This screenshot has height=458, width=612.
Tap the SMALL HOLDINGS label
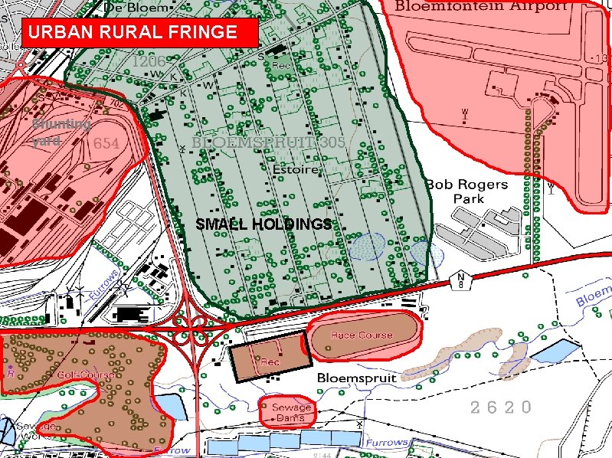click(x=263, y=224)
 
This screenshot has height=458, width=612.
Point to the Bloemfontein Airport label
click(x=481, y=6)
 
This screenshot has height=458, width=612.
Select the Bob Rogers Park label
click(x=466, y=191)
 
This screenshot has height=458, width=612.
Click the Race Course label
click(x=362, y=335)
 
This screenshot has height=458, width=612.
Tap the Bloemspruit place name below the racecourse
click(x=356, y=378)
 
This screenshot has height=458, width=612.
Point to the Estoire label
click(x=296, y=168)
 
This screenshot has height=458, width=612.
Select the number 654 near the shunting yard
click(x=106, y=144)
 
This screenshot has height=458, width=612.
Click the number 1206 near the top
click(x=148, y=61)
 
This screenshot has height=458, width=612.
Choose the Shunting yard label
click(x=61, y=132)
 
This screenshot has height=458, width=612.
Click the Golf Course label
click(x=86, y=375)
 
